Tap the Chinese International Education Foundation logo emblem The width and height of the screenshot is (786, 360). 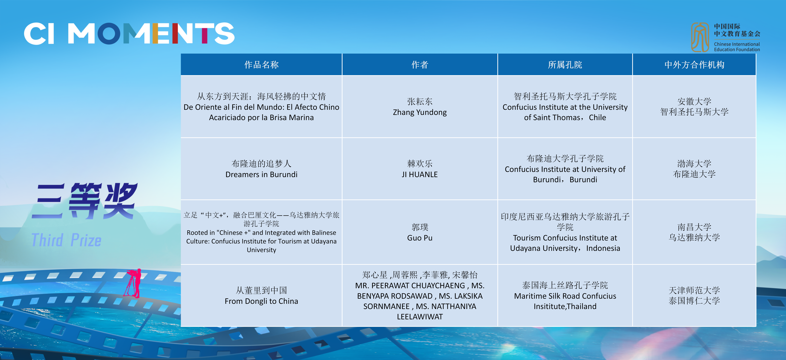pos(700,37)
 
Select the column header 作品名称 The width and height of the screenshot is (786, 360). pos(261,65)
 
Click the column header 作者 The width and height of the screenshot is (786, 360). pos(420,65)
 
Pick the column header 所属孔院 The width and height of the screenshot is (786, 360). pos(565,65)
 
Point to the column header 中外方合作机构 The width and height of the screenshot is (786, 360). pos(694,65)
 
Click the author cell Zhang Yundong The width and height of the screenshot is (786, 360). pos(420,107)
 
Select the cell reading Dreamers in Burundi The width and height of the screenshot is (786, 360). pos(261,169)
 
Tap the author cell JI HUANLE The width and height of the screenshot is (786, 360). pos(420,169)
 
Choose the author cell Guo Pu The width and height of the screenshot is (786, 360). pos(420,232)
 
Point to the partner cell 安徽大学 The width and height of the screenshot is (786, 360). pos(694,107)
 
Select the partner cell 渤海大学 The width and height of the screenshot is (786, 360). pos(694,169)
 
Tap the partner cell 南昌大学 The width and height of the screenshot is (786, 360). pos(694,232)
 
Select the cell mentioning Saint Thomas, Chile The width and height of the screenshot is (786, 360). pos(565,107)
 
